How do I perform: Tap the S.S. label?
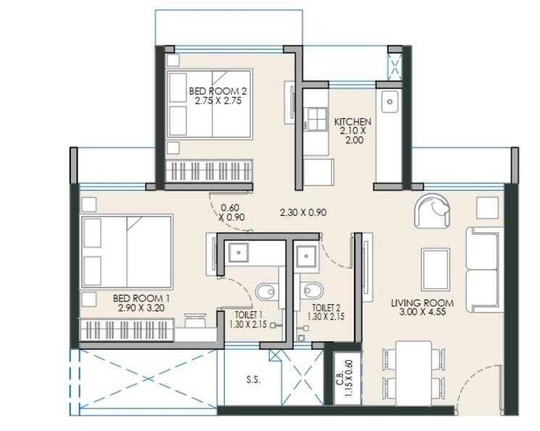[253, 380]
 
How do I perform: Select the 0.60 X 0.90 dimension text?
[230, 212]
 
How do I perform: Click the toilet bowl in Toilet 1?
[267, 291]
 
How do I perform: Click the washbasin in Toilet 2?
[305, 255]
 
